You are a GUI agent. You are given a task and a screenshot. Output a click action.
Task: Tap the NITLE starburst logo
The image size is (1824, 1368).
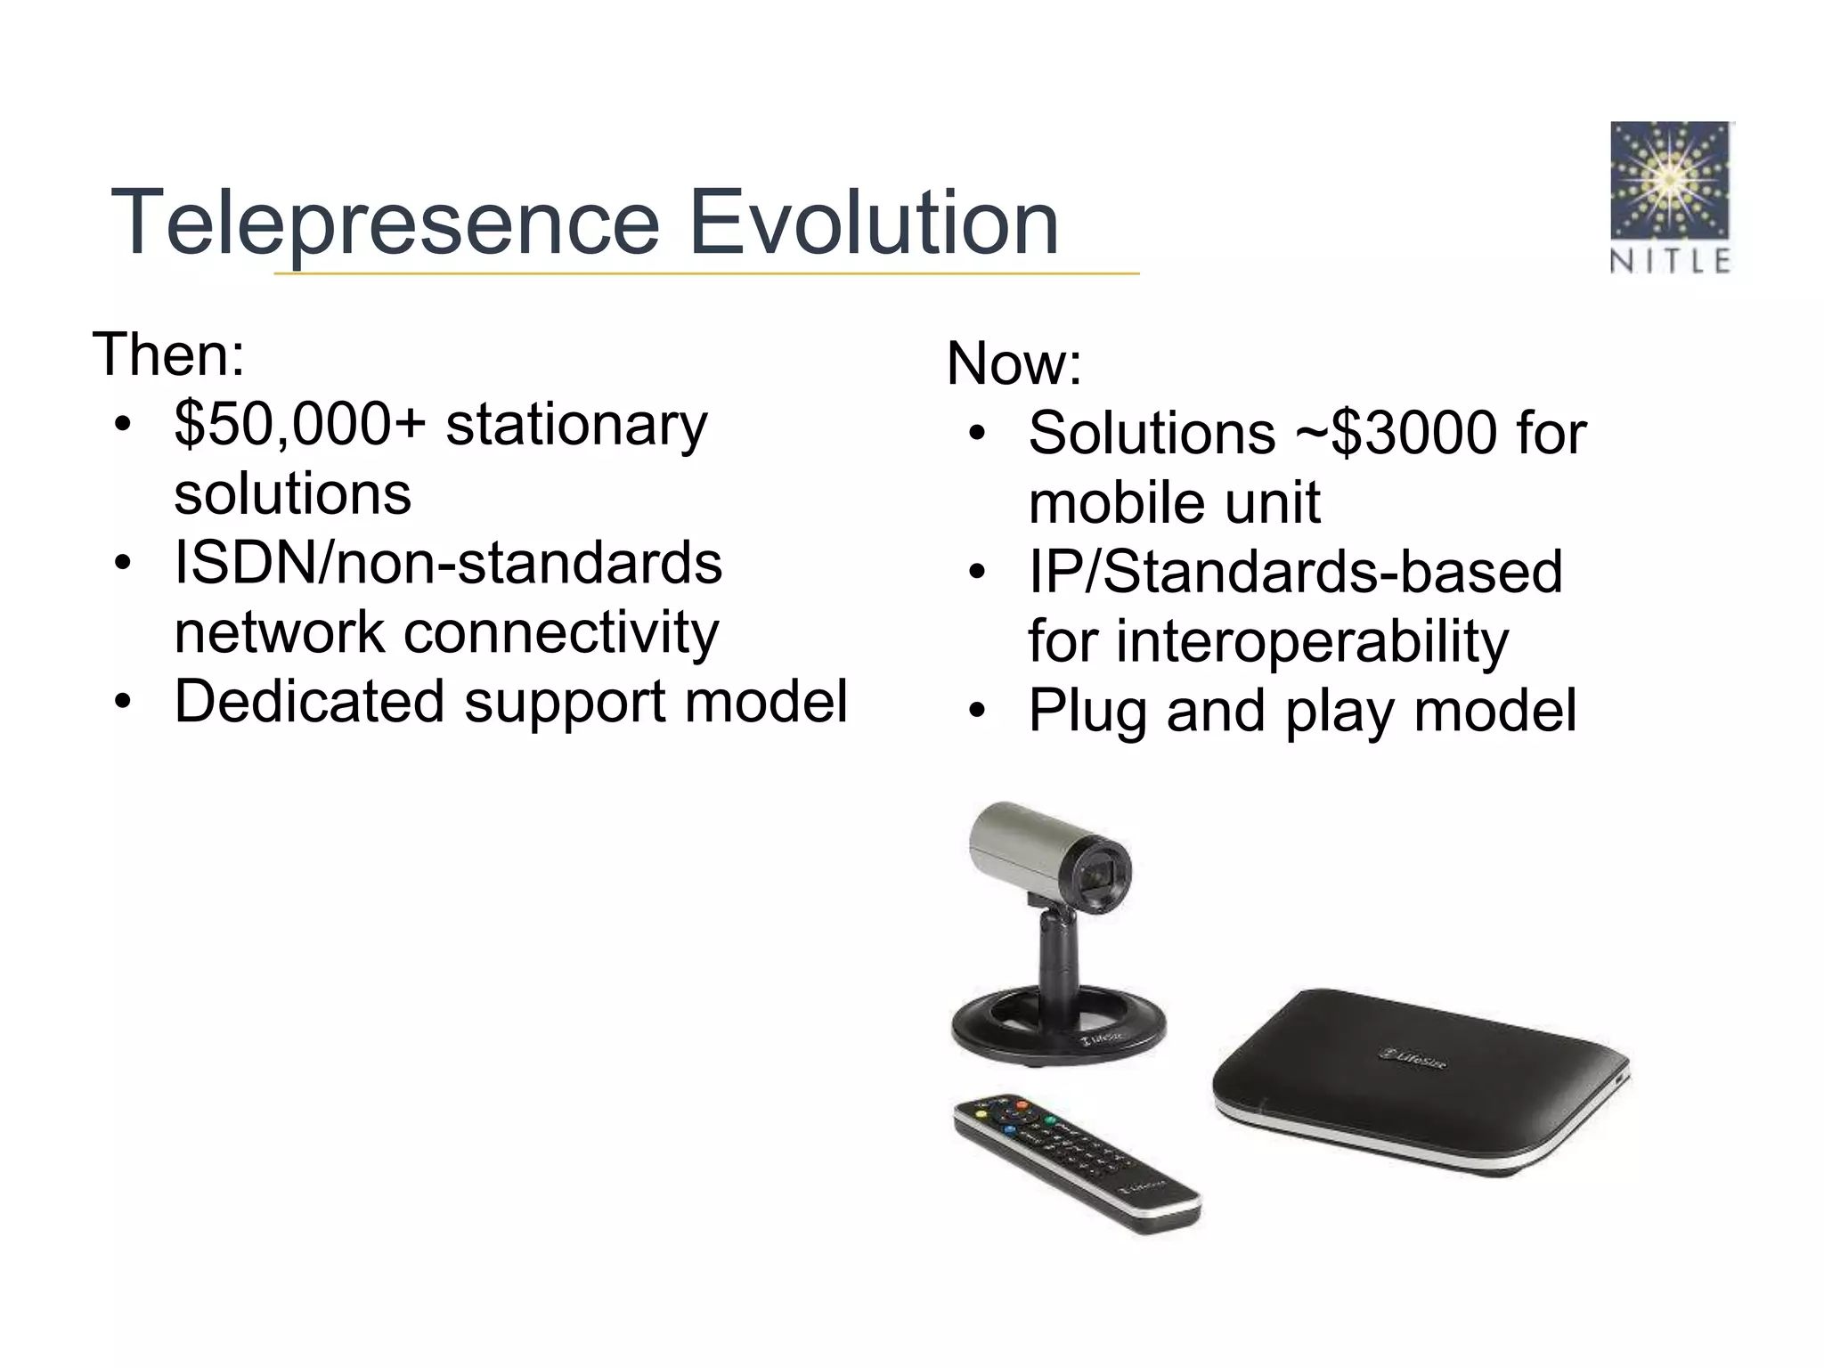click(x=1670, y=182)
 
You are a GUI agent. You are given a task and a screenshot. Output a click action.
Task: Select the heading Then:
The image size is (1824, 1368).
click(x=168, y=354)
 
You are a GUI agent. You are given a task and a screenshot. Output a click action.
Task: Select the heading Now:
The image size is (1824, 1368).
click(x=1014, y=363)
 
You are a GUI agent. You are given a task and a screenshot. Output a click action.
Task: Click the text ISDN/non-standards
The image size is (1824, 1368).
click(x=447, y=563)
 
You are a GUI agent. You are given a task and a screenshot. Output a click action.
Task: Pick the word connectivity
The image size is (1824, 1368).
click(x=561, y=632)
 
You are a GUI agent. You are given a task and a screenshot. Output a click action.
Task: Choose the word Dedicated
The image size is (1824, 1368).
click(x=308, y=702)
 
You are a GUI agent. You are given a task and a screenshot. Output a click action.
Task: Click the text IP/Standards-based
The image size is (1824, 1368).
click(x=1295, y=572)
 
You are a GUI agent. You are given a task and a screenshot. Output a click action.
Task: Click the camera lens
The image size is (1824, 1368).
click(x=1103, y=877)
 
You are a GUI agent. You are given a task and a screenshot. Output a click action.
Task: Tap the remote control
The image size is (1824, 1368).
click(x=1077, y=1163)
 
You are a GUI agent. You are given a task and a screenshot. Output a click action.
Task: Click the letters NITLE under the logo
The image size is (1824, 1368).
click(x=1670, y=261)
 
